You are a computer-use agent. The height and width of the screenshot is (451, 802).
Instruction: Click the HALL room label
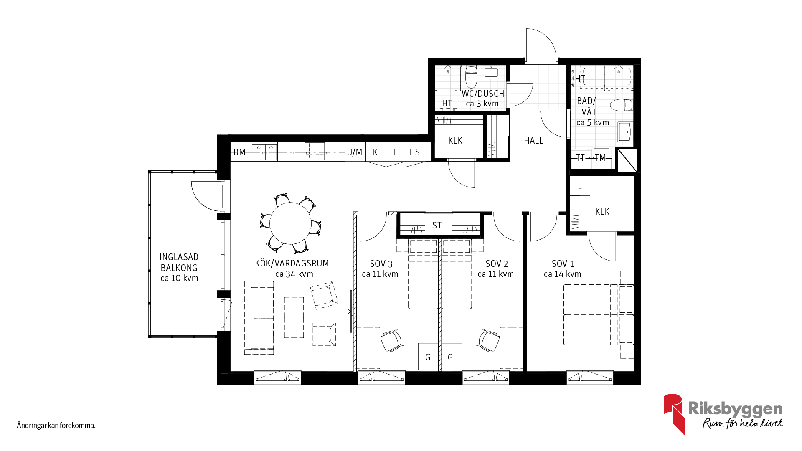pyautogui.click(x=533, y=141)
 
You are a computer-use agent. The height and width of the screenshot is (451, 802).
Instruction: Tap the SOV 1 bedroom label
pyautogui.click(x=563, y=264)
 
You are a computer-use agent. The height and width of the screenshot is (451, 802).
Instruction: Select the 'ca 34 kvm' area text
pyautogui.click(x=294, y=274)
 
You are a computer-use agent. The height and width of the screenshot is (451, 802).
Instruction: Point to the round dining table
pyautogui.click(x=291, y=223)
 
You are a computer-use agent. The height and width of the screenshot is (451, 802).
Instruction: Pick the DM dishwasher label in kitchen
pyautogui.click(x=239, y=152)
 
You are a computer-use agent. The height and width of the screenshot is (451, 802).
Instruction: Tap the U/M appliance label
pyautogui.click(x=355, y=152)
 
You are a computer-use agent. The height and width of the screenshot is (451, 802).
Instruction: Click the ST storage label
pyautogui.click(x=437, y=225)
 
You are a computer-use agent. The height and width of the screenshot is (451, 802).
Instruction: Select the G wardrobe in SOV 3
pyautogui.click(x=428, y=357)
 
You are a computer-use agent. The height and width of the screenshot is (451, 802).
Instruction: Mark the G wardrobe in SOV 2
pyautogui.click(x=451, y=357)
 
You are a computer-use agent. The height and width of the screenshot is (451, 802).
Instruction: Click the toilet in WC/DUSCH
pyautogui.click(x=472, y=76)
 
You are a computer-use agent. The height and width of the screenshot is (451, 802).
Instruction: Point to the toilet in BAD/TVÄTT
pyautogui.click(x=622, y=105)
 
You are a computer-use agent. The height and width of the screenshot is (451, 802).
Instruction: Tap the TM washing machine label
pyautogui.click(x=600, y=158)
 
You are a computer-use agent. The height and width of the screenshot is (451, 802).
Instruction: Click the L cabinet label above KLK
pyautogui.click(x=580, y=186)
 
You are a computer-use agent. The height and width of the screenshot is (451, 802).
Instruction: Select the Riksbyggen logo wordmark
pyautogui.click(x=735, y=409)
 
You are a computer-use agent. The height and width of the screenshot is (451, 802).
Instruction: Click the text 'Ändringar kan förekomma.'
pyautogui.click(x=56, y=426)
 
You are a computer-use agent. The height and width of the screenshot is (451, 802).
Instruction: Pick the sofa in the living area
pyautogui.click(x=259, y=318)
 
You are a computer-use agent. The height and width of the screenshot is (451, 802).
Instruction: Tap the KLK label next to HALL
pyautogui.click(x=455, y=141)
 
